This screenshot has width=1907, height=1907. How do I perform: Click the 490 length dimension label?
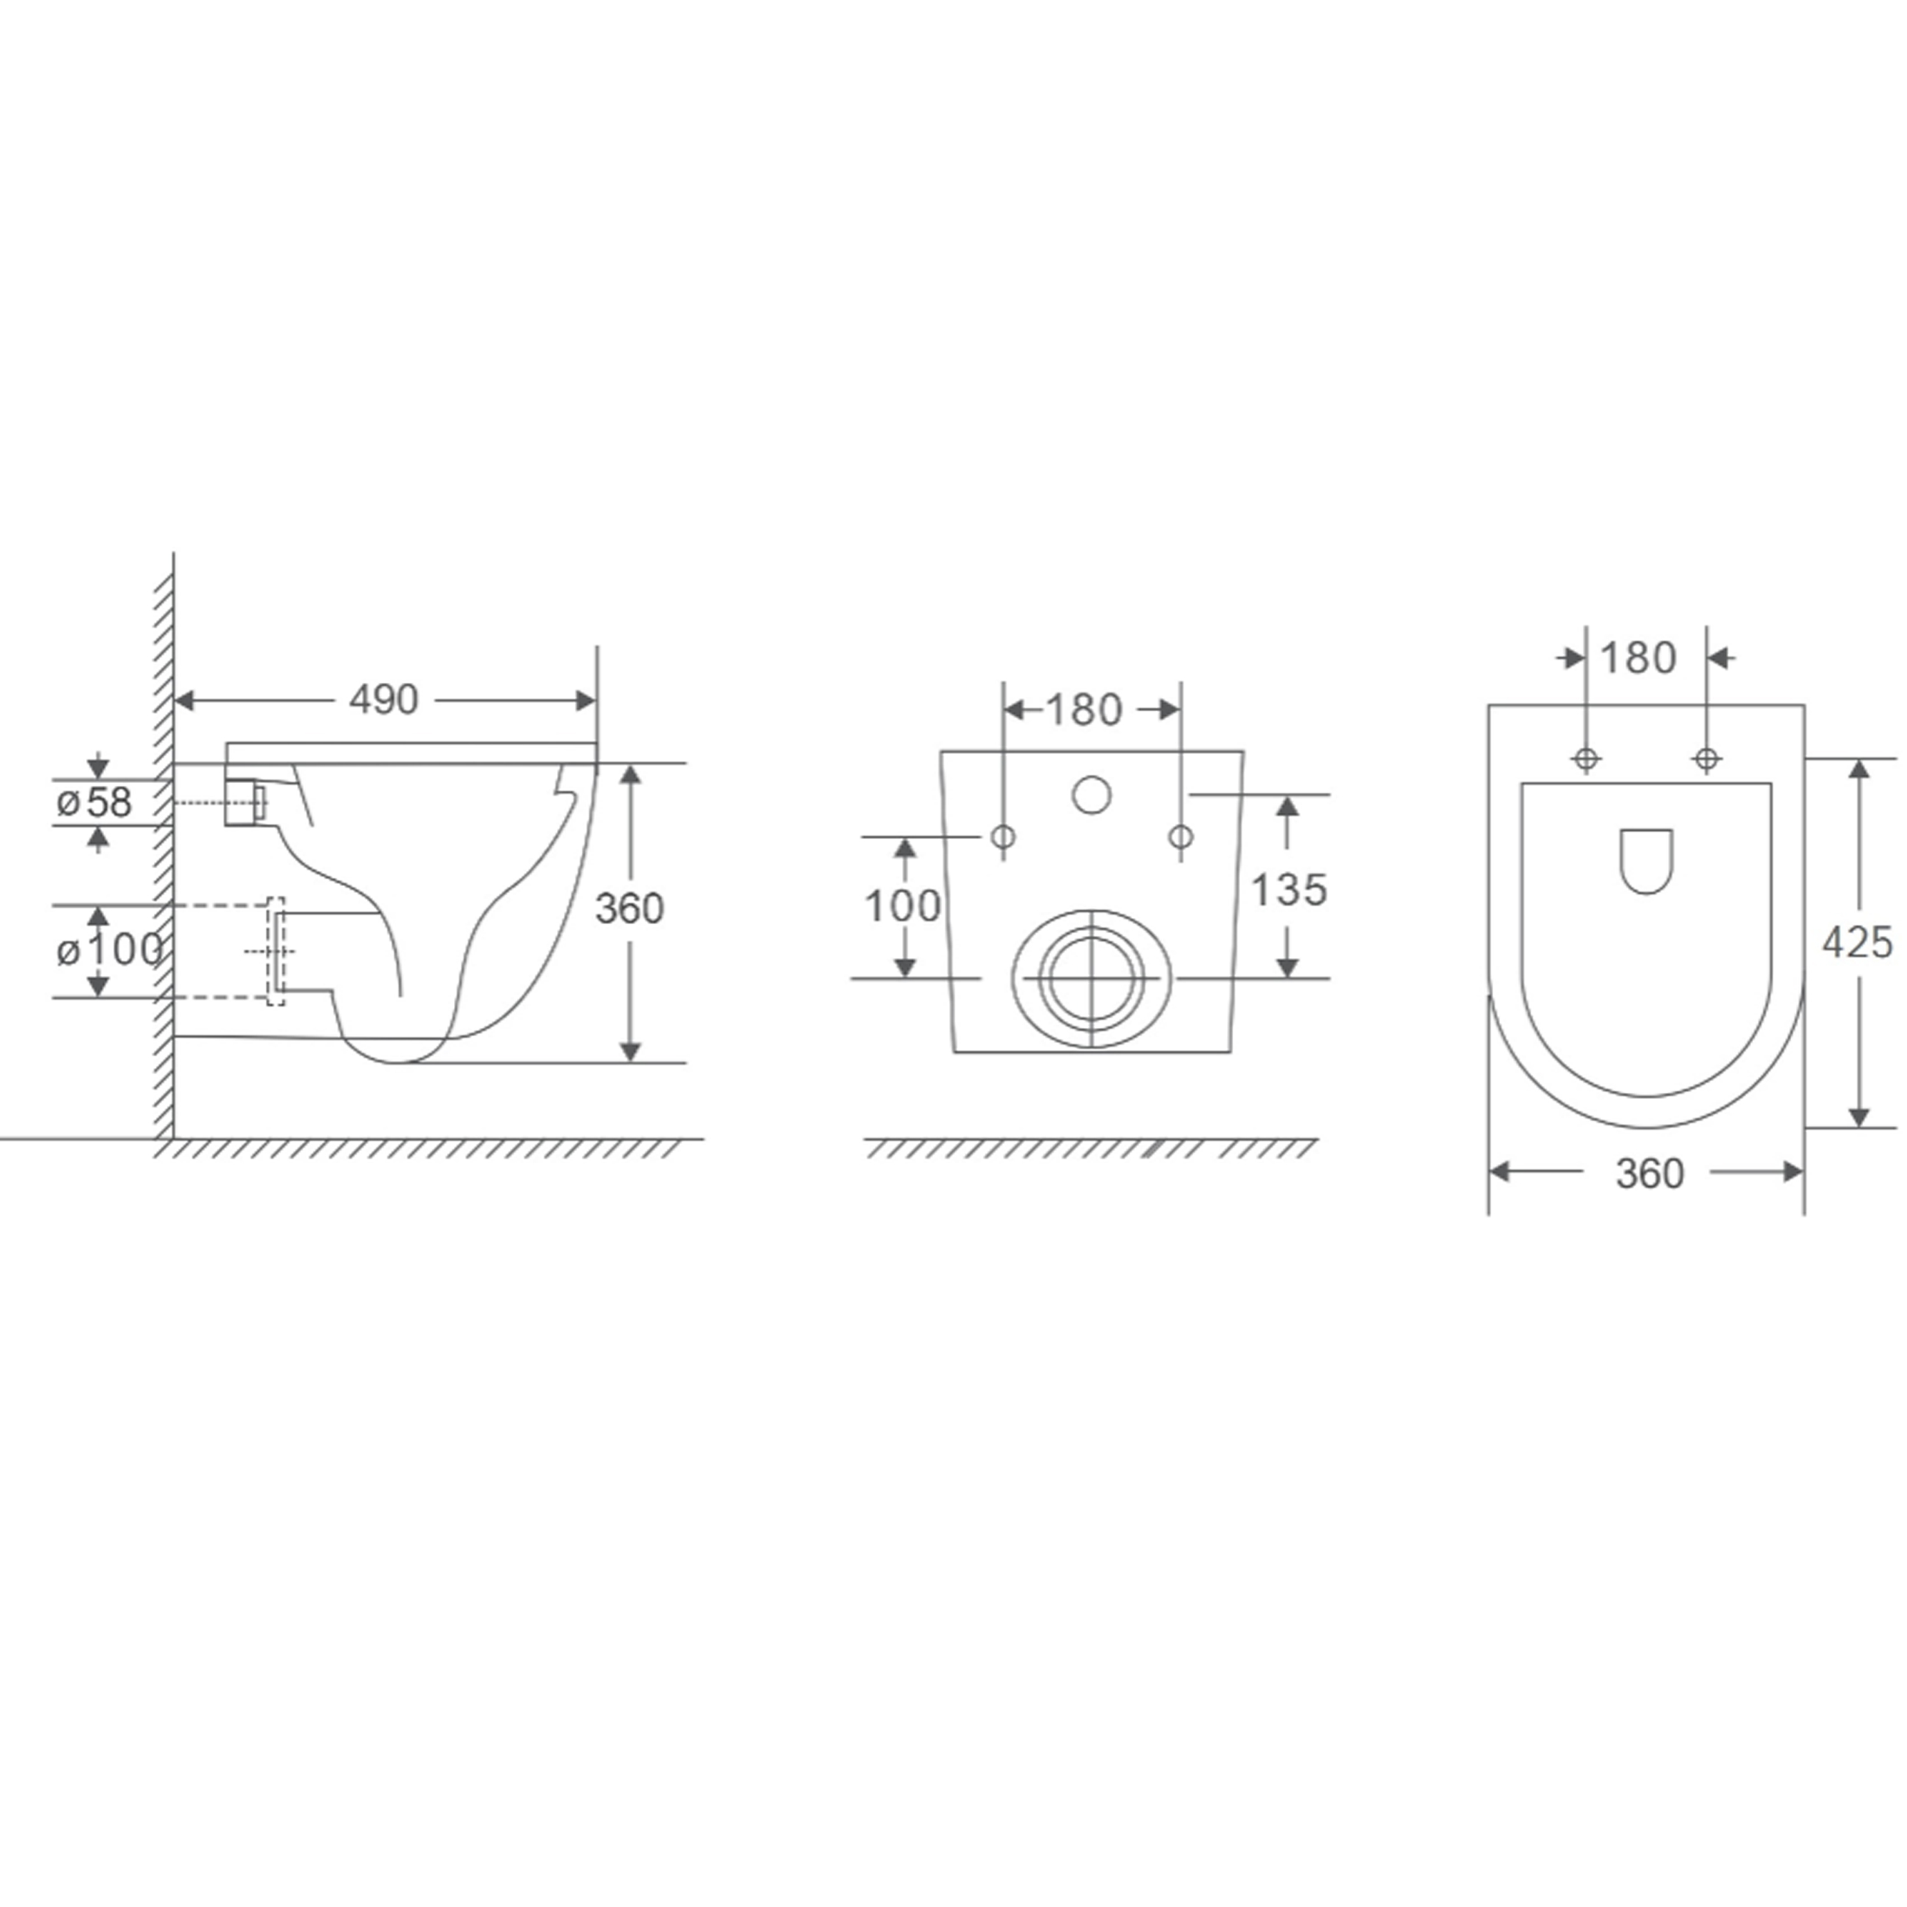tap(384, 700)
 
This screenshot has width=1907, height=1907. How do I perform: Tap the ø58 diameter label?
tap(94, 802)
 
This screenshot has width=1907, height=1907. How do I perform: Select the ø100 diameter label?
tap(109, 950)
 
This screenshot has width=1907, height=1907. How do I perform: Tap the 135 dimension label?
tap(1289, 891)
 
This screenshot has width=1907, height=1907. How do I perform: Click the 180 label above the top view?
tap(1639, 659)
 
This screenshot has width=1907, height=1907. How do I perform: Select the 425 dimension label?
tap(1857, 943)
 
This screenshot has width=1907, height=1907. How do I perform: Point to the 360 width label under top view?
tap(1650, 1173)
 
